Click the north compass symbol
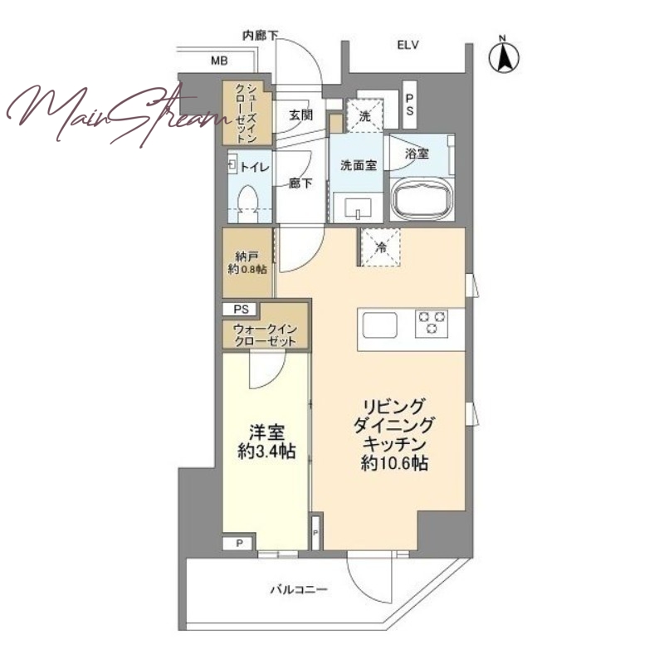coord(504,55)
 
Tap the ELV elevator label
coord(408,45)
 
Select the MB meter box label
coord(219,61)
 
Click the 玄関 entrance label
coord(301,115)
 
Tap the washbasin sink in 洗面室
coord(358,208)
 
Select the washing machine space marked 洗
coord(364,116)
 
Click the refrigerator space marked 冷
coord(381,247)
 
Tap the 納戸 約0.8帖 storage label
coord(247,263)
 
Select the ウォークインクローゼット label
coord(265,335)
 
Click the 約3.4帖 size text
coord(266,452)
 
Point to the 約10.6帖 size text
coord(394,464)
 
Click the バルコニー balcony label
coord(299,589)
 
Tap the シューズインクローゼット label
coord(246,113)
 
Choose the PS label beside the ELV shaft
coord(409,105)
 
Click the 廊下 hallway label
coord(301,183)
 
